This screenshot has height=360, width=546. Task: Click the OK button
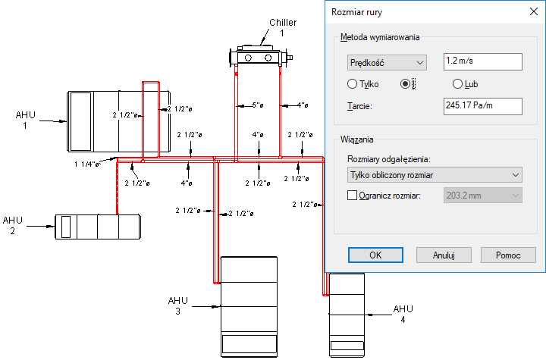[375, 255]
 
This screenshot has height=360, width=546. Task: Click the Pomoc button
[508, 255]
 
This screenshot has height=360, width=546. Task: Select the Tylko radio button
[352, 84]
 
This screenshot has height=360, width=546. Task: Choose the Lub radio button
[457, 84]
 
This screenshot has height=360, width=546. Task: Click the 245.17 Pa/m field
[483, 106]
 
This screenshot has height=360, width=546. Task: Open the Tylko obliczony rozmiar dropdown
[435, 175]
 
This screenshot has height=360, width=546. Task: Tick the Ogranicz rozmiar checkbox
[352, 195]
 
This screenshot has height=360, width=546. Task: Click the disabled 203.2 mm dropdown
[483, 195]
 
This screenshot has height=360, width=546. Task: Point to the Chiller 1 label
[282, 27]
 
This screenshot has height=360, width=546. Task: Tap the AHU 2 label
[13, 225]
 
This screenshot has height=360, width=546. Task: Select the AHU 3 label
[177, 305]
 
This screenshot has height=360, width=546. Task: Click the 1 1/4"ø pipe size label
[88, 163]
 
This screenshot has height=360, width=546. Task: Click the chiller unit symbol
[259, 56]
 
